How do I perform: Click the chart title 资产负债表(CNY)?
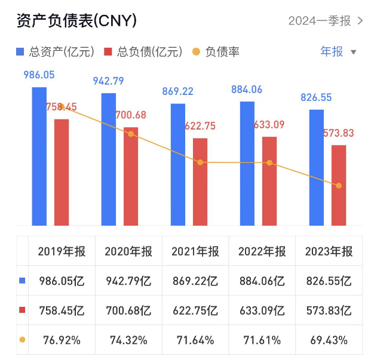76,20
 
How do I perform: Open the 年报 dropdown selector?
338,51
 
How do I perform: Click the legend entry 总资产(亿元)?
56,52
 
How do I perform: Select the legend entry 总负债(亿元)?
143,52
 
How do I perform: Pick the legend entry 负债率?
216,52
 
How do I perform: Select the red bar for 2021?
201,182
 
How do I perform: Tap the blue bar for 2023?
317,167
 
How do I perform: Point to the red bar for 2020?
131,176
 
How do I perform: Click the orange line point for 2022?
269,162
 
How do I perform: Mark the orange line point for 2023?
339,186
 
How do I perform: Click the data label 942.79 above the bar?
108,81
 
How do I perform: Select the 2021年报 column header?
195,251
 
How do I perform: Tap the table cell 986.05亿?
61,280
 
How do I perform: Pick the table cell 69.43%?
329,340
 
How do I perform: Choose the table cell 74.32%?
128,340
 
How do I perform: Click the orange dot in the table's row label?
22,340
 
